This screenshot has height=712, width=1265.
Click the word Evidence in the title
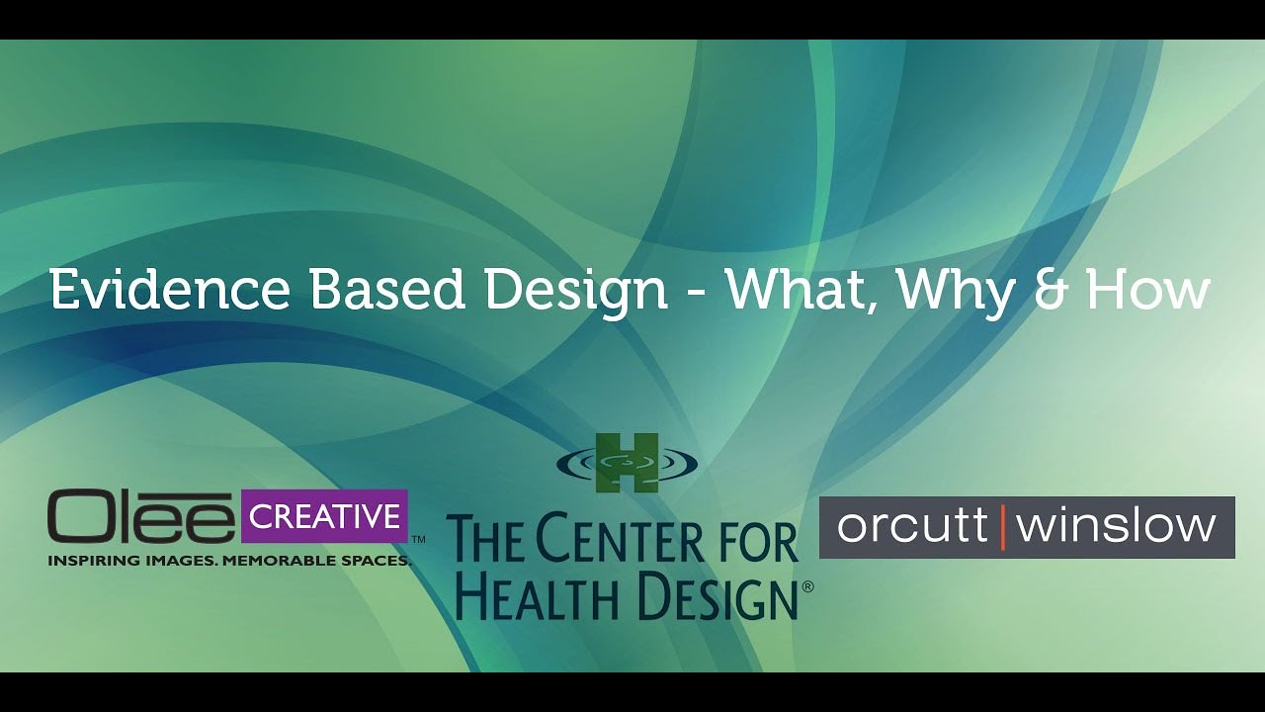click(170, 289)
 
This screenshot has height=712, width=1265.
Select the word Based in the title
click(387, 289)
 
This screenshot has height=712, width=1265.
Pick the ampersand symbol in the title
click(1051, 290)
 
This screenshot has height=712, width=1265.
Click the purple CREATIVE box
click(325, 516)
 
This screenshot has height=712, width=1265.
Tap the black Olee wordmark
click(140, 516)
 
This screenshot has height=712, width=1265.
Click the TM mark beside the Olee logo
click(418, 540)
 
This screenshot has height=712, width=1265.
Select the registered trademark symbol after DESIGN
click(807, 586)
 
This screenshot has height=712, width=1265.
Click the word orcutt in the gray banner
click(912, 526)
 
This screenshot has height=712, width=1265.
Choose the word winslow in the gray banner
click(1116, 526)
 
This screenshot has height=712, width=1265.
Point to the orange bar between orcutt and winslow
click(1003, 527)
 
